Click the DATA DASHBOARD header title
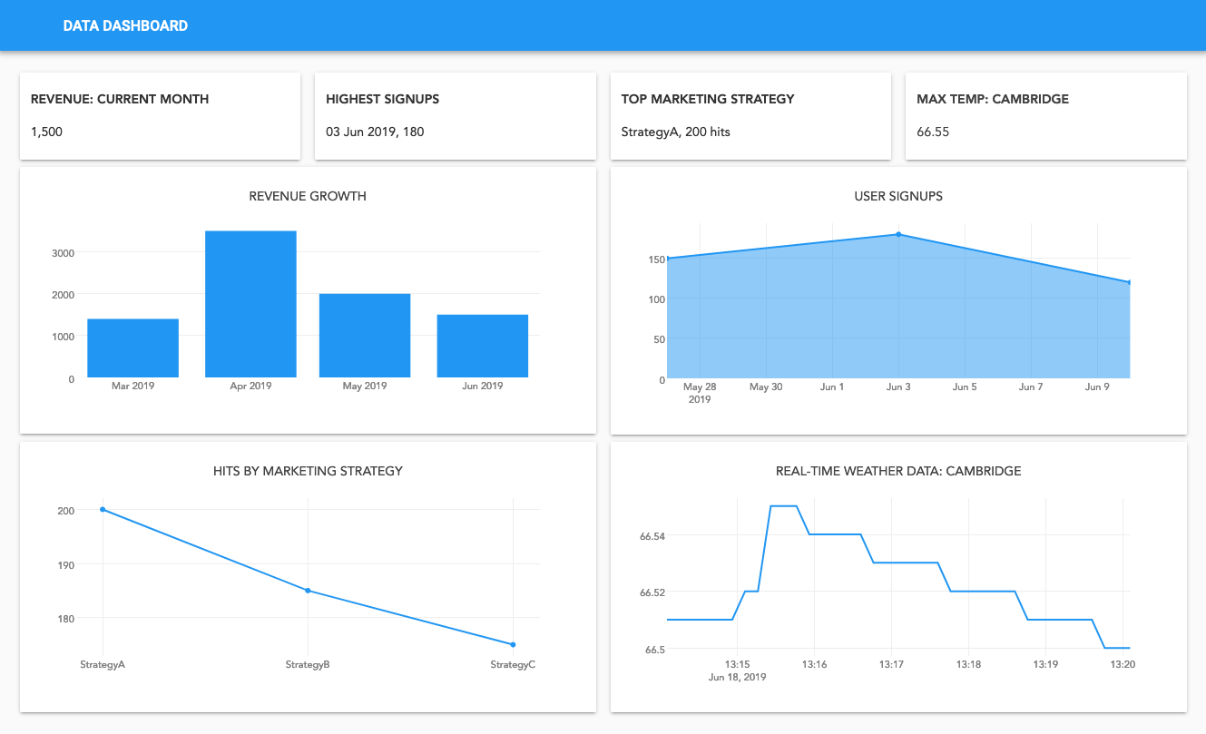tap(125, 25)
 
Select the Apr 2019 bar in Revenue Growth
tap(250, 304)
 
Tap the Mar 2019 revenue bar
tap(132, 348)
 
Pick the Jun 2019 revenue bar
tap(482, 346)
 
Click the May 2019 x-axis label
tap(365, 386)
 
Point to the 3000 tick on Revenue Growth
tap(63, 253)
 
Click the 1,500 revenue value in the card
tap(46, 132)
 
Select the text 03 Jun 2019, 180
tap(375, 132)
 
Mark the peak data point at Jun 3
tap(898, 234)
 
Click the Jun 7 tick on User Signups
tap(1031, 387)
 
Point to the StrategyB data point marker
tap(308, 591)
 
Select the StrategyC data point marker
tap(513, 644)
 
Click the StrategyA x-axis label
tap(103, 664)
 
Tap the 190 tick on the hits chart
tap(65, 564)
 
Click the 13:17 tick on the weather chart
tap(892, 664)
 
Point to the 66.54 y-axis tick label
tap(652, 536)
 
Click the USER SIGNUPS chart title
tap(898, 196)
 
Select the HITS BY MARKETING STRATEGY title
tap(308, 471)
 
